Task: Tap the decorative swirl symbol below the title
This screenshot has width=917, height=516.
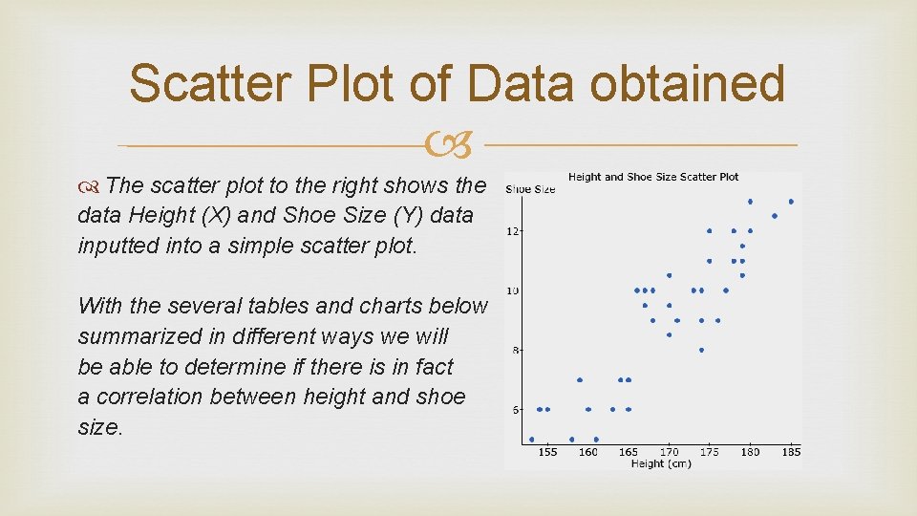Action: pyautogui.click(x=456, y=146)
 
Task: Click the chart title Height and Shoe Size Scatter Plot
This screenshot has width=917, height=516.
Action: pyautogui.click(x=653, y=177)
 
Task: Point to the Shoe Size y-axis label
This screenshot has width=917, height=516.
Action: pyautogui.click(x=530, y=189)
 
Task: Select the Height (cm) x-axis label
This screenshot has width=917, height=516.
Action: pyautogui.click(x=661, y=463)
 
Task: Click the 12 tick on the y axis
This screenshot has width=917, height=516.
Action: pyautogui.click(x=513, y=231)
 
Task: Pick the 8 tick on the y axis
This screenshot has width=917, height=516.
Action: pyautogui.click(x=515, y=351)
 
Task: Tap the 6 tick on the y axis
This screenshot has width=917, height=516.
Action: pyautogui.click(x=515, y=410)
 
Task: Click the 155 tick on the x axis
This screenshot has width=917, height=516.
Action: pyautogui.click(x=547, y=451)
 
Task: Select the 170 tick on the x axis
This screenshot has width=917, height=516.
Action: pyautogui.click(x=670, y=451)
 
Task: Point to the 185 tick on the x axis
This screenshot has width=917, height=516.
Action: pyautogui.click(x=791, y=451)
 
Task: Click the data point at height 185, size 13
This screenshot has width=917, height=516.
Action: pyautogui.click(x=791, y=202)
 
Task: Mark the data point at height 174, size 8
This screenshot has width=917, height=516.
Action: pyautogui.click(x=701, y=350)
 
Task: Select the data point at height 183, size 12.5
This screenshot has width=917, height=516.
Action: pyautogui.click(x=775, y=216)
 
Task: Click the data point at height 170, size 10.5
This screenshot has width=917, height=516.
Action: pyautogui.click(x=670, y=275)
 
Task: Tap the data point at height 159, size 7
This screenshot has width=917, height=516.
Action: pyautogui.click(x=580, y=379)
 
